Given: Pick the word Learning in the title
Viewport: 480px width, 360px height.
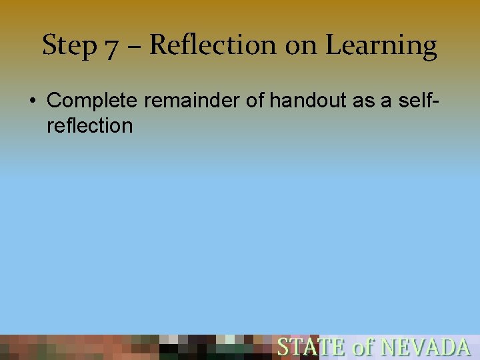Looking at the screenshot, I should [381, 46].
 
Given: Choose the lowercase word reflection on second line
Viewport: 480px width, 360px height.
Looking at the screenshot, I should [90, 125].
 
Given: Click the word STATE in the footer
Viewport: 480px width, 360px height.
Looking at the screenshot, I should [311, 347].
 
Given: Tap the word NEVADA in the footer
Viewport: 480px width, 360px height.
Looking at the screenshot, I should [425, 347].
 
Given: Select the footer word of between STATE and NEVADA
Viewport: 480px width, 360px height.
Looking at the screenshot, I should [363, 347].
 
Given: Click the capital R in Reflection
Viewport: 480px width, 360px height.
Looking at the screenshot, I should [158, 45].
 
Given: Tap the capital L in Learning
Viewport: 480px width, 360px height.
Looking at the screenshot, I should [332, 45].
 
